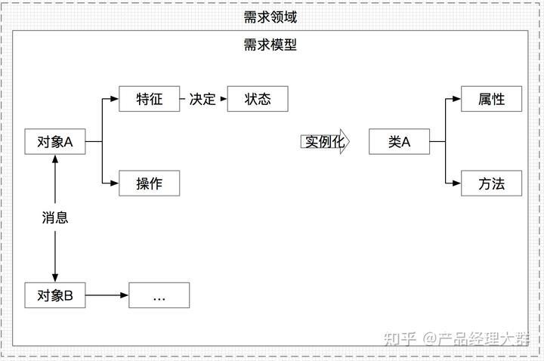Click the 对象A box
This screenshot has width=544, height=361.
click(x=54, y=141)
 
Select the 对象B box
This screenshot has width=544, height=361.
click(x=54, y=295)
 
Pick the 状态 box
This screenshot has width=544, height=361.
click(x=258, y=99)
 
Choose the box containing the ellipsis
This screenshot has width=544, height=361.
click(x=159, y=295)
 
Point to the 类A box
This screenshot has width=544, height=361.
click(x=399, y=141)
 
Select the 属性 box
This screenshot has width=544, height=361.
click(x=491, y=99)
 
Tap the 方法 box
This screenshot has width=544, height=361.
click(x=491, y=184)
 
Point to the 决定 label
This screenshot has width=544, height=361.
click(x=202, y=99)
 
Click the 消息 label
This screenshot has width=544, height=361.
click(x=54, y=218)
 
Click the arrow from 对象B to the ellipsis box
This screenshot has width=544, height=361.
click(x=106, y=295)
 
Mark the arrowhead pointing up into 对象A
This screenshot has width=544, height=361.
click(x=54, y=159)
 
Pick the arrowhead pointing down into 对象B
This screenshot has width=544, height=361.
click(x=54, y=277)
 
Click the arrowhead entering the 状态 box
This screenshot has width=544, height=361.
click(x=223, y=99)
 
